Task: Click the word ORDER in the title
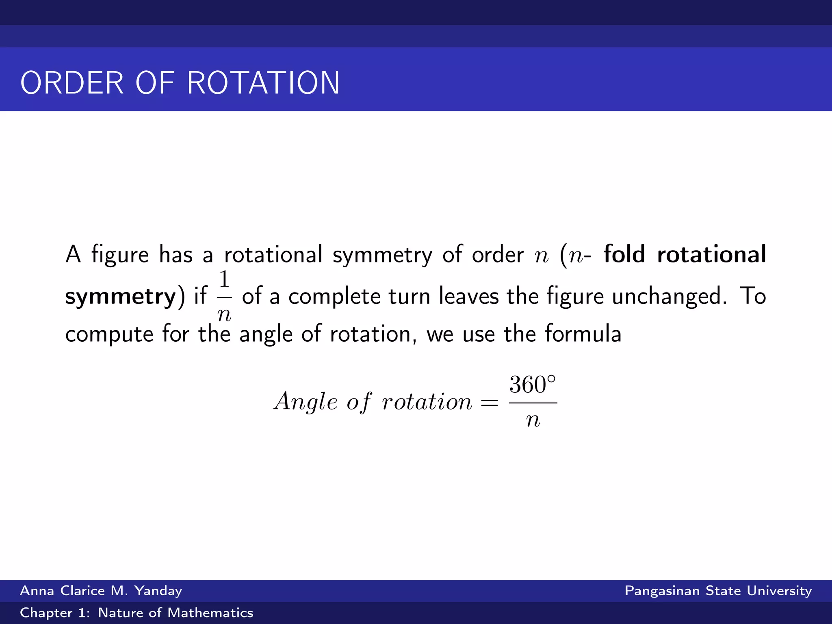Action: pyautogui.click(x=72, y=83)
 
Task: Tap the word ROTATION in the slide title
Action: pyautogui.click(x=263, y=83)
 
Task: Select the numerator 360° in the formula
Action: pyautogui.click(x=532, y=385)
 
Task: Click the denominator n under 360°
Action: pyautogui.click(x=533, y=420)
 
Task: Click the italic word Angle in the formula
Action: pyautogui.click(x=306, y=402)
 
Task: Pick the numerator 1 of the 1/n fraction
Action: pyautogui.click(x=224, y=279)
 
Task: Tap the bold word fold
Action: pyautogui.click(x=624, y=254)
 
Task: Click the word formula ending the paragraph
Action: pyautogui.click(x=583, y=334)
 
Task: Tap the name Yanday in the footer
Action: pyautogui.click(x=158, y=591)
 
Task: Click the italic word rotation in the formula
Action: pyautogui.click(x=427, y=402)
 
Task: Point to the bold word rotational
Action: pyautogui.click(x=711, y=254)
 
